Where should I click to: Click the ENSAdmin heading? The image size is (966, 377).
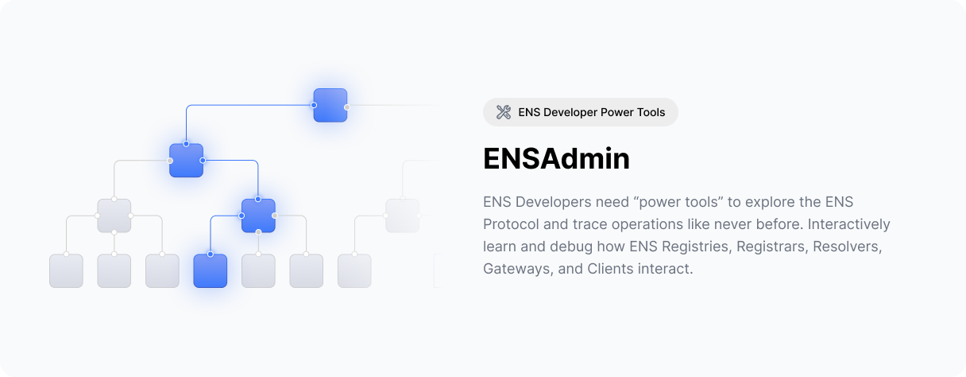tap(556, 159)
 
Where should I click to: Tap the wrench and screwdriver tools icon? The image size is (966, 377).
tap(504, 112)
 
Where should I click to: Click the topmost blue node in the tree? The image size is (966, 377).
tap(330, 105)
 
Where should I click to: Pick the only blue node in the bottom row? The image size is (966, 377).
tap(211, 270)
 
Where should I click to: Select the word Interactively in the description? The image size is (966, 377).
tap(848, 224)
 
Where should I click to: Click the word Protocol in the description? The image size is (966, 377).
tap(509, 224)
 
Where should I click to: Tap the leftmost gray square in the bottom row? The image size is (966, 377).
tap(66, 270)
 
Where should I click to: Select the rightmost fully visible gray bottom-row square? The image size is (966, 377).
tap(354, 270)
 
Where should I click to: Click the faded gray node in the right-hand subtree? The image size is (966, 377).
tap(402, 216)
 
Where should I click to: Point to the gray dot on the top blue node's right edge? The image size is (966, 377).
tap(346, 107)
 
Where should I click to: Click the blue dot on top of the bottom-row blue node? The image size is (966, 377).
tap(211, 254)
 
